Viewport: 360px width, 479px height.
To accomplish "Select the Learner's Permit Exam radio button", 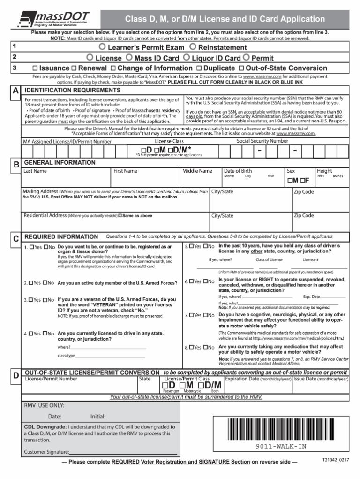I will click(102, 48).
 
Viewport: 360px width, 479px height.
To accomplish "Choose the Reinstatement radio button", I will click(193, 48).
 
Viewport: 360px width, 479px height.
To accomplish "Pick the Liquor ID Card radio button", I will click(187, 58).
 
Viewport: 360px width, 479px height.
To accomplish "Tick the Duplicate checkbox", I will click(199, 68).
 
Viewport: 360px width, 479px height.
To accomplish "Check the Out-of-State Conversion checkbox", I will click(241, 68).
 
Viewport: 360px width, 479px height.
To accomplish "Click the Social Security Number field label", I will click(262, 141).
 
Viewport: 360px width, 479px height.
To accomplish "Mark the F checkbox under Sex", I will click(302, 181).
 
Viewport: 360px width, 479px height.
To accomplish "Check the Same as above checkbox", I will click(120, 216).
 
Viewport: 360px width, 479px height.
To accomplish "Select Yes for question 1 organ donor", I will click(31, 246).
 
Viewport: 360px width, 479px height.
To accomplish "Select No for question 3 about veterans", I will click(46, 299).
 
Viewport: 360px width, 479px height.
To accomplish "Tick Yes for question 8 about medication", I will click(192, 347).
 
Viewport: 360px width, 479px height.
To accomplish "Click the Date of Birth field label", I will click(238, 171).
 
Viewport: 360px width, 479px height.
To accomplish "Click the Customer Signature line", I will click(123, 453).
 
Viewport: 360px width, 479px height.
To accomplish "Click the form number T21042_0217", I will click(335, 459).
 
